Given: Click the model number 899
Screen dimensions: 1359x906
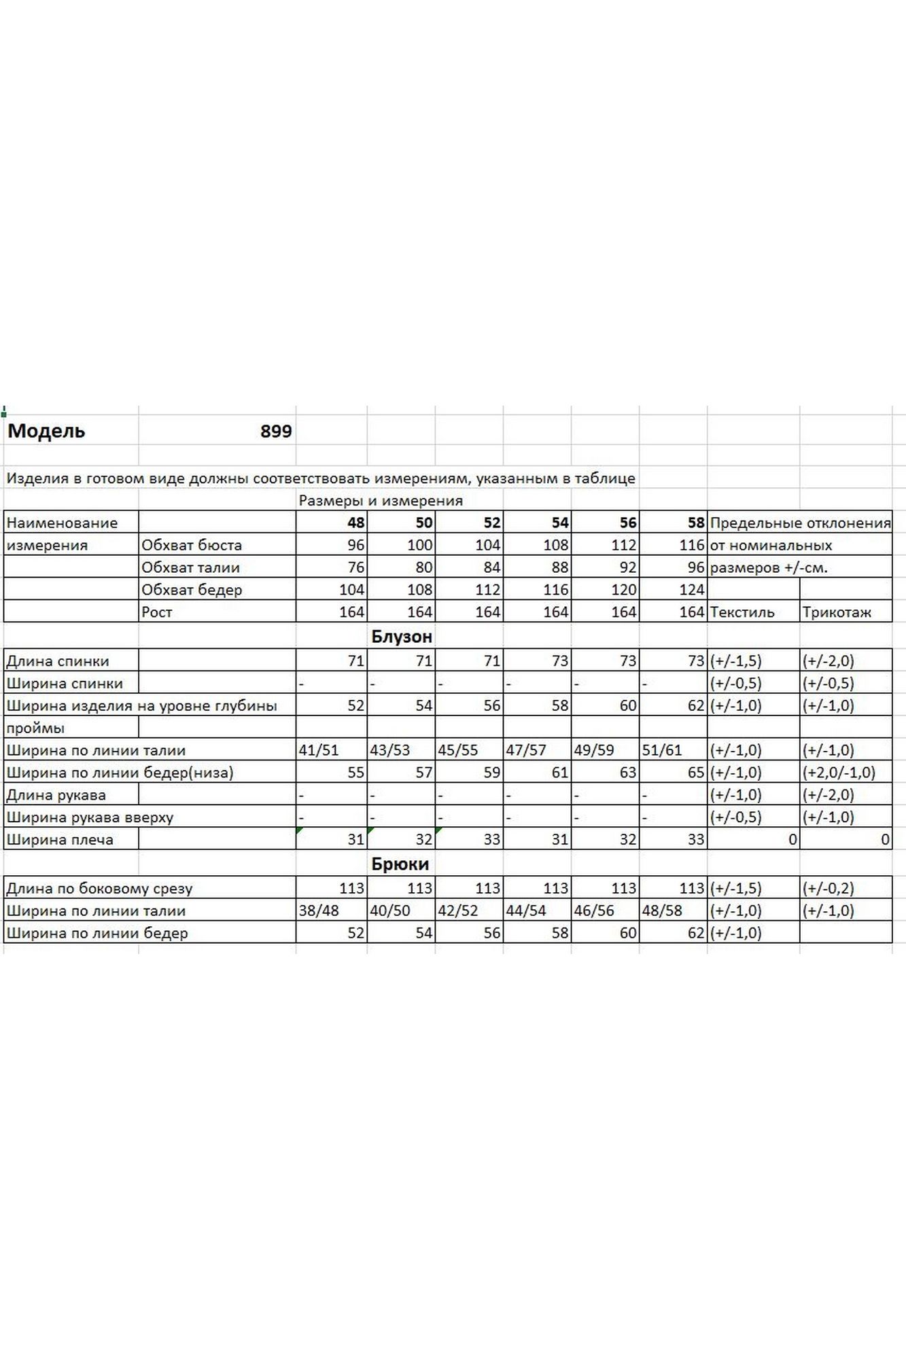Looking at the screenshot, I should [x=276, y=431].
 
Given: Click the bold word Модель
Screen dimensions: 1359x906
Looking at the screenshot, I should [x=46, y=431].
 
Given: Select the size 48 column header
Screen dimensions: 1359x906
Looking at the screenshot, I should [x=355, y=523].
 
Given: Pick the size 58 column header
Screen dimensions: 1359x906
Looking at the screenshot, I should [x=695, y=523].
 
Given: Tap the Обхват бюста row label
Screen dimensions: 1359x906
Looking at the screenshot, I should [x=191, y=545].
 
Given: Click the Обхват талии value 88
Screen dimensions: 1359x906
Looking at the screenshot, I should [x=559, y=567].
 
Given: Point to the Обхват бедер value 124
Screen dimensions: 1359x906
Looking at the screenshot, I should [x=692, y=590].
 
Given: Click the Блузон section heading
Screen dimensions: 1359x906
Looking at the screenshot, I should [x=402, y=637].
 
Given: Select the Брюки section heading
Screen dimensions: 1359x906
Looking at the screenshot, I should [x=400, y=864].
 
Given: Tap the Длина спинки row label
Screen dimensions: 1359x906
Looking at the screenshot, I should [x=58, y=660].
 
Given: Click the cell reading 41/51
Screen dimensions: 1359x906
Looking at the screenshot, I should [x=319, y=750].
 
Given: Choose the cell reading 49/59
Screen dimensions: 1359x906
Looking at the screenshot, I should [x=593, y=750].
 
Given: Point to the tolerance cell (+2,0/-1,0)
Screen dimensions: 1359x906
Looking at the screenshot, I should [x=839, y=773].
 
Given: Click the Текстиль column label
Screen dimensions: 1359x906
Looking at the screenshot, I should [x=742, y=612].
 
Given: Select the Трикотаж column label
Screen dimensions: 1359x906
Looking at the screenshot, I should [x=837, y=612].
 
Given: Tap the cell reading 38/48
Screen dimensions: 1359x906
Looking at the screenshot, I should [x=319, y=911].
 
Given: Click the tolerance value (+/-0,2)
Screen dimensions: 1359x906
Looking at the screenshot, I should [x=828, y=888].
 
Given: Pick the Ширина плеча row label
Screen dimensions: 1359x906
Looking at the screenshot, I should [x=60, y=840].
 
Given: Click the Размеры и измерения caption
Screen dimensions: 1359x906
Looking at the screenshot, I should [x=381, y=501].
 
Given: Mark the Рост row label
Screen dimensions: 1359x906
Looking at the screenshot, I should [x=157, y=612].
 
